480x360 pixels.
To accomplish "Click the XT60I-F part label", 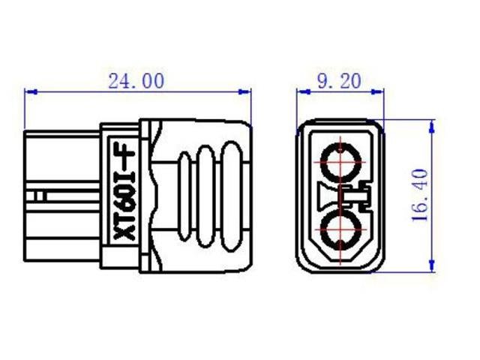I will [x=121, y=194].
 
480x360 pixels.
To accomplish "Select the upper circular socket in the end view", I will [x=342, y=159].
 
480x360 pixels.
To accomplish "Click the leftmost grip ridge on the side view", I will [x=187, y=194].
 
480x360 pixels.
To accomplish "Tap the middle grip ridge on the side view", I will [x=209, y=194].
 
